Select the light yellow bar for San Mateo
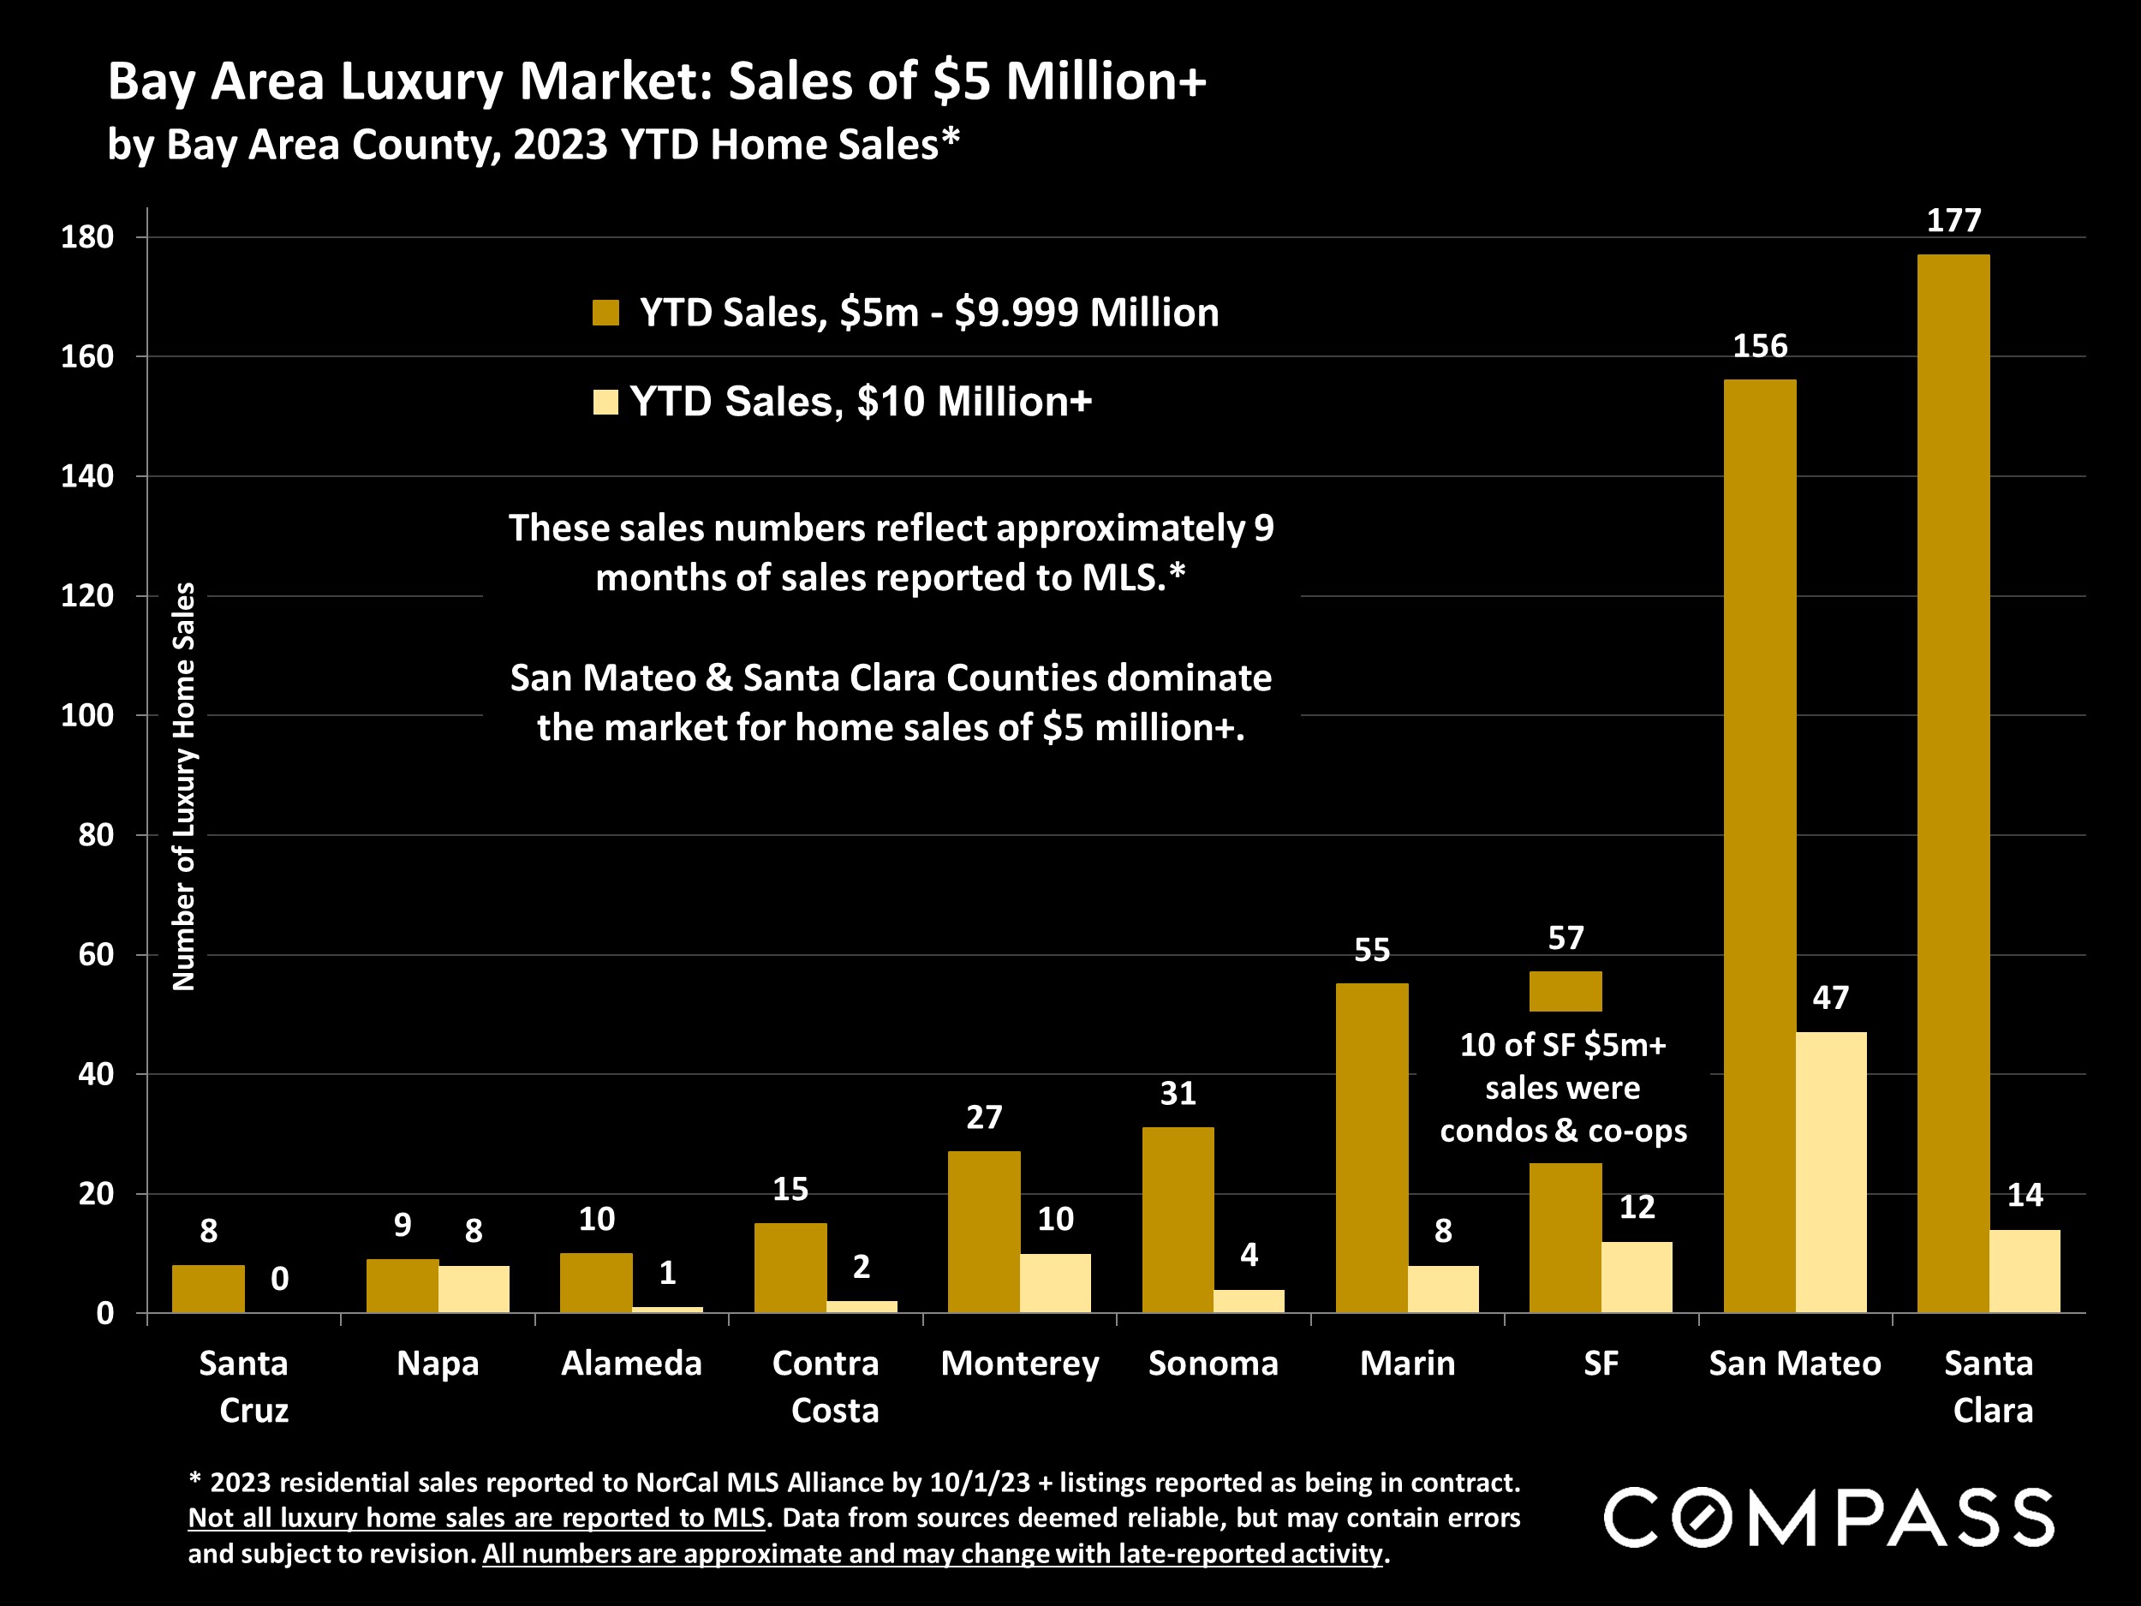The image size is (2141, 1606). pos(1830,1172)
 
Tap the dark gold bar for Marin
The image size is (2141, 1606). pos(1371,1147)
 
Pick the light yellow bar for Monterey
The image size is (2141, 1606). pos(1055,1283)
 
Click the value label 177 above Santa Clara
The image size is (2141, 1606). pos(1953,221)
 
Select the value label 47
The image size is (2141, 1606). pos(1830,998)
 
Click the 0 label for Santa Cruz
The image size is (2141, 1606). pos(280,1279)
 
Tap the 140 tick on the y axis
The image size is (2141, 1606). pos(87,475)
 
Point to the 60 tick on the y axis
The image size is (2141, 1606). pos(96,954)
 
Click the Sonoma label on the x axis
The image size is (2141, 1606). pos(1213,1363)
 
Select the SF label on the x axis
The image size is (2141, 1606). pos(1601,1363)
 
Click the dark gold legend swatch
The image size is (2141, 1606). pos(606,313)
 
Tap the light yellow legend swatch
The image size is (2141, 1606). pos(606,402)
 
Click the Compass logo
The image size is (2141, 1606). pos(1828,1518)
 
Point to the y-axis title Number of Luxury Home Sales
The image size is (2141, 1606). pos(184,786)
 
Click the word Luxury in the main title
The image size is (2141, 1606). pos(421,81)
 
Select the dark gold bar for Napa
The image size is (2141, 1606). pos(403,1286)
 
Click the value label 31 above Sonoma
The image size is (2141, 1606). pos(1178,1094)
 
